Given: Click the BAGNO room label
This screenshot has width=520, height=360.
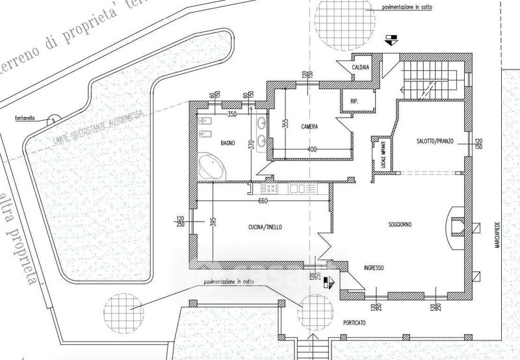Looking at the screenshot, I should tap(227, 142).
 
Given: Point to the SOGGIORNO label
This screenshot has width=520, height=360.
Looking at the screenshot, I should tap(401, 225).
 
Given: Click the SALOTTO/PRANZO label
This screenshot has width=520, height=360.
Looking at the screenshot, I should tap(434, 141).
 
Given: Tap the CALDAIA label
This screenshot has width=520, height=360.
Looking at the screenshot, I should tap(361, 68).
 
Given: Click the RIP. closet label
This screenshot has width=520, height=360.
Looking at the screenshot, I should tap(354, 101).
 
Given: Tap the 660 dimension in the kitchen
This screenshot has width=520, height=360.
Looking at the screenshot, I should tap(263, 200).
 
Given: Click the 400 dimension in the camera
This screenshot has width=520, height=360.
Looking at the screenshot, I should tap(312, 150).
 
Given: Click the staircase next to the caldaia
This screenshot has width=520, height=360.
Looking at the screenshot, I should tap(419, 77).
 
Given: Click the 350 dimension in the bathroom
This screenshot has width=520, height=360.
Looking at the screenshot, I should tap(231, 114).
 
